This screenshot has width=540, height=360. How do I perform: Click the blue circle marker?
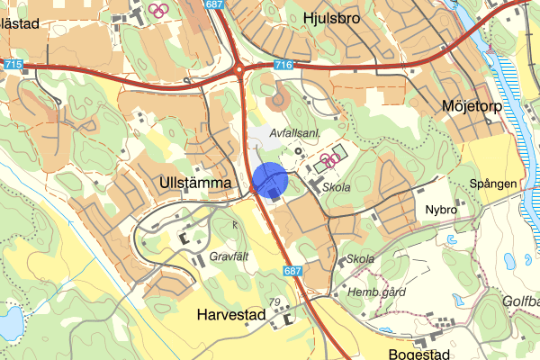(269, 179)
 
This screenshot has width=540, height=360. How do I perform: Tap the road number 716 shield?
(283, 65)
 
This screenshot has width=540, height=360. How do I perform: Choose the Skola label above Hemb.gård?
(359, 260)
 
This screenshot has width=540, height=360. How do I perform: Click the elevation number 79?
(275, 302)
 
